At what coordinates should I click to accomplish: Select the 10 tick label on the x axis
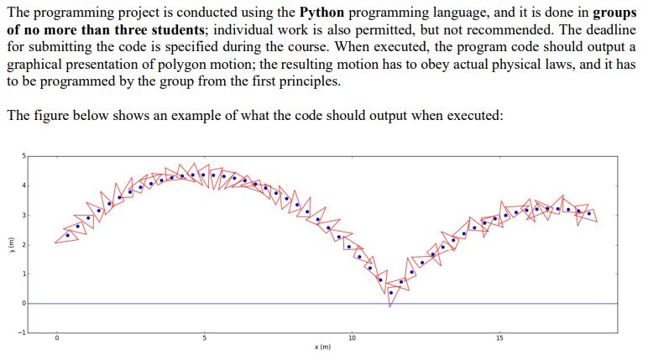click(352, 337)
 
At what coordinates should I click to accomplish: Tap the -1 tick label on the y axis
click(24, 332)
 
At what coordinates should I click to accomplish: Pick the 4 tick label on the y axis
click(24, 185)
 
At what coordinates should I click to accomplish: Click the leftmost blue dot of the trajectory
click(69, 236)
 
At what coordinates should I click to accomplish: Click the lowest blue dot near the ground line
click(390, 291)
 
